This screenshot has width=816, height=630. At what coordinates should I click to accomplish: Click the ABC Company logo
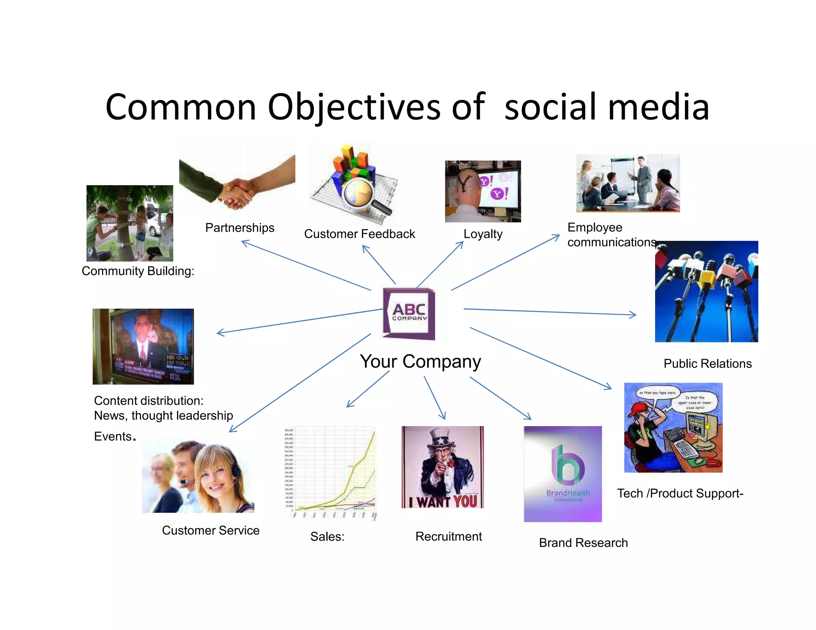pos(409,313)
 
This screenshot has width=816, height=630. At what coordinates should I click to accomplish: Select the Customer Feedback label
pos(359,234)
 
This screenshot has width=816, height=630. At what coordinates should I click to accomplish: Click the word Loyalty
pos(483,234)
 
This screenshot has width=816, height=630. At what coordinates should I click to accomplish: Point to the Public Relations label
pos(708,364)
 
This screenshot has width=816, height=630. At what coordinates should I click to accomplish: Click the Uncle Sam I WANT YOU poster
pos(443,467)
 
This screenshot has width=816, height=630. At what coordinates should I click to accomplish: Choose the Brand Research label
pos(583,543)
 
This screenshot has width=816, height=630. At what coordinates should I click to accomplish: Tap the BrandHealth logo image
pos(563,474)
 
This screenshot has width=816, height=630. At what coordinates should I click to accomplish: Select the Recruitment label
pos(449,536)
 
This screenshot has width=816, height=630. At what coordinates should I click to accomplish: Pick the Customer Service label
pos(210,530)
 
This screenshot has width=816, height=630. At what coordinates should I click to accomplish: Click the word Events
pos(113,436)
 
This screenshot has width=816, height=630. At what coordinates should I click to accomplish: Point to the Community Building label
pos(138,271)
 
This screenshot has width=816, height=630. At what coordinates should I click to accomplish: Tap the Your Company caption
pos(420,362)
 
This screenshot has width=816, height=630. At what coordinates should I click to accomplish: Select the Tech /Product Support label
pos(680,493)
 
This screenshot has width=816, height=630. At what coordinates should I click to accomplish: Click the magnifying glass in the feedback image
pos(361,193)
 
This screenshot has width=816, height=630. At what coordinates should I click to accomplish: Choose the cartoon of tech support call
pos(673,428)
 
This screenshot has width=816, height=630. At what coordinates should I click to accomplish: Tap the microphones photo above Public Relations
pos(706,292)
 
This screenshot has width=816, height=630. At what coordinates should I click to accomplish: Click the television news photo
pos(143,346)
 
